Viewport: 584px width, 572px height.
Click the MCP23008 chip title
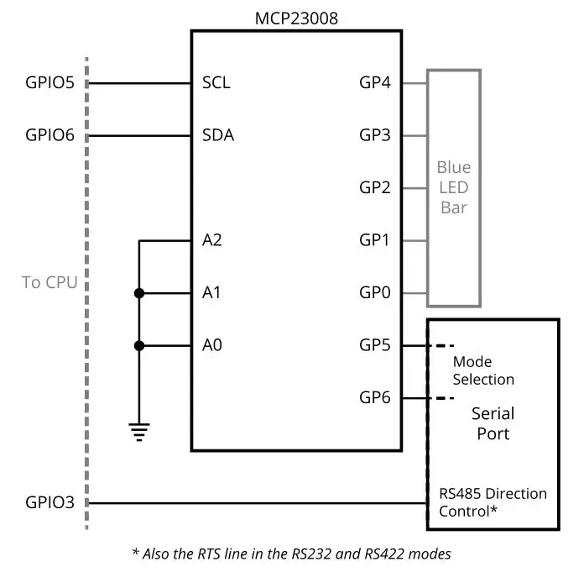[296, 18]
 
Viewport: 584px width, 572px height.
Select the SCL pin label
[216, 83]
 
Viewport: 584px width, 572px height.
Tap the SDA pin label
[218, 135]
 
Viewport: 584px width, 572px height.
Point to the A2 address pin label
[212, 240]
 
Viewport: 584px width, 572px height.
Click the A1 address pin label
[212, 293]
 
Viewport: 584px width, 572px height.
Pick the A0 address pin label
[212, 345]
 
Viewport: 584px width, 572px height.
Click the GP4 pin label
[375, 83]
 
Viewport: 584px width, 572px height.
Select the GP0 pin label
[375, 293]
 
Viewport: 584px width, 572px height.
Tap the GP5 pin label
[375, 345]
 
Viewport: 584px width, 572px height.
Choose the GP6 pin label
[375, 398]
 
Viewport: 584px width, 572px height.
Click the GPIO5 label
[50, 83]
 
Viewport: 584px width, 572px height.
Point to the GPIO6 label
[50, 135]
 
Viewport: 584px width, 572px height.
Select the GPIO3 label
[50, 503]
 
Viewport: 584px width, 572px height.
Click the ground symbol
[139, 432]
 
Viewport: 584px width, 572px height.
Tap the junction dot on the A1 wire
[139, 293]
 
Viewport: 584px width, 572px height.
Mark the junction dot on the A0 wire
[139, 345]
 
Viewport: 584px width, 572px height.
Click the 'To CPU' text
[50, 282]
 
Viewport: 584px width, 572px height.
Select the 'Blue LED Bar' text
[454, 187]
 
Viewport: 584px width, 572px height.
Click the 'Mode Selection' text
[483, 370]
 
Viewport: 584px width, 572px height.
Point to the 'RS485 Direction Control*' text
[493, 501]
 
